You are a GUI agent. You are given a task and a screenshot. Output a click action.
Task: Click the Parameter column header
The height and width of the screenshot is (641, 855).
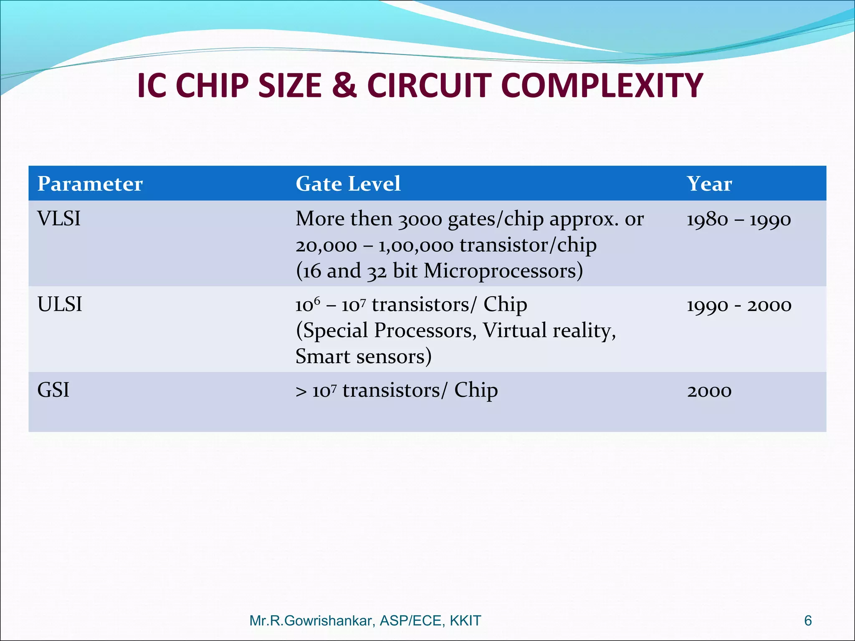(90, 184)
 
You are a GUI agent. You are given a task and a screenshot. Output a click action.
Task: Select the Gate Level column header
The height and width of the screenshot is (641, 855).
(348, 184)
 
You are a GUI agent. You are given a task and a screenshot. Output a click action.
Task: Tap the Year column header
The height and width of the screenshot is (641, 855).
(709, 184)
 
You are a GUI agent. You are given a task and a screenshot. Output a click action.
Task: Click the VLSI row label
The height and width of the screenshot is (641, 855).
(59, 219)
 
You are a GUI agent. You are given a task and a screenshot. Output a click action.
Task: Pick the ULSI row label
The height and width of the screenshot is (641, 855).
(60, 304)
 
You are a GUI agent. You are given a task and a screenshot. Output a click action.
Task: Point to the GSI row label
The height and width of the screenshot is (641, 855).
(53, 390)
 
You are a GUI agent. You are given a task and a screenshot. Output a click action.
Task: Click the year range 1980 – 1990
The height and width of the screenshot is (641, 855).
(739, 220)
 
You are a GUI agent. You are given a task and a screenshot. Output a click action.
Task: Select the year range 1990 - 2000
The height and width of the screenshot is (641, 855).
(739, 305)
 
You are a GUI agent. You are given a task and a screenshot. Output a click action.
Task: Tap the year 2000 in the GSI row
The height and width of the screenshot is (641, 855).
(709, 391)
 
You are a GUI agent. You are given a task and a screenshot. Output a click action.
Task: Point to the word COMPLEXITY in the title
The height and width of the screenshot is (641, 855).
(602, 86)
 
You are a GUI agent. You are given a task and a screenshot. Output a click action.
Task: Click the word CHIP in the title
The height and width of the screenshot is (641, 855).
(214, 86)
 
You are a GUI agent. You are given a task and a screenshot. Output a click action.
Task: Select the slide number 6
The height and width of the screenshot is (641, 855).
(808, 621)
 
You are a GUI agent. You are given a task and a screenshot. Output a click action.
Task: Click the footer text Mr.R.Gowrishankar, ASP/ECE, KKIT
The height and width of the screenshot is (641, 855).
(365, 621)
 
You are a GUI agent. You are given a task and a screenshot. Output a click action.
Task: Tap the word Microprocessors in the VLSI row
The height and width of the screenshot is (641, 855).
(503, 271)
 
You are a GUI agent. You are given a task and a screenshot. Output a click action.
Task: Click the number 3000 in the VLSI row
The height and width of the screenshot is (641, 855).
(420, 220)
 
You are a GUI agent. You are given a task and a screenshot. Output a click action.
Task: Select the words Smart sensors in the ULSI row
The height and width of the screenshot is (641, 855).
(363, 357)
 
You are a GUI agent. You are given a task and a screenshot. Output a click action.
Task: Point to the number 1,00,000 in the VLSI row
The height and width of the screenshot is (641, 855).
(416, 245)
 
